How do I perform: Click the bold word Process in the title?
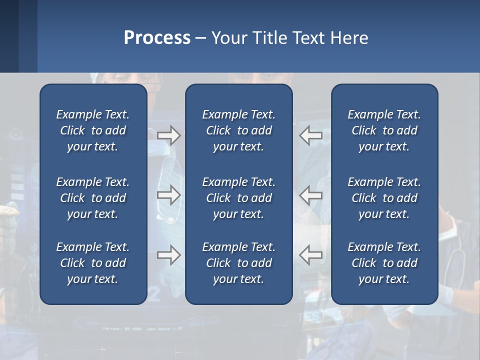157,38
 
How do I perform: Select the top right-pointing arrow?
169,135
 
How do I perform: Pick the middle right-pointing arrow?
169,195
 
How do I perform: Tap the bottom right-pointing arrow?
169,255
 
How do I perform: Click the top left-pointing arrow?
310,135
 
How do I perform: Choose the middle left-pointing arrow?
310,195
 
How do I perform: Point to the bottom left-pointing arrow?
310,255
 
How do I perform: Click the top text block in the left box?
93,130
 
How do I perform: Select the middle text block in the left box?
93,198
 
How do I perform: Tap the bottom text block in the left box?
93,263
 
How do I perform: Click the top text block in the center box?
239,130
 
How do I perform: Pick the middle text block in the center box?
239,198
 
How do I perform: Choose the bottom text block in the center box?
239,263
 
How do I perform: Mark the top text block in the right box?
384,130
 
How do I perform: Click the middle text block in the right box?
384,198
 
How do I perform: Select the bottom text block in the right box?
384,263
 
